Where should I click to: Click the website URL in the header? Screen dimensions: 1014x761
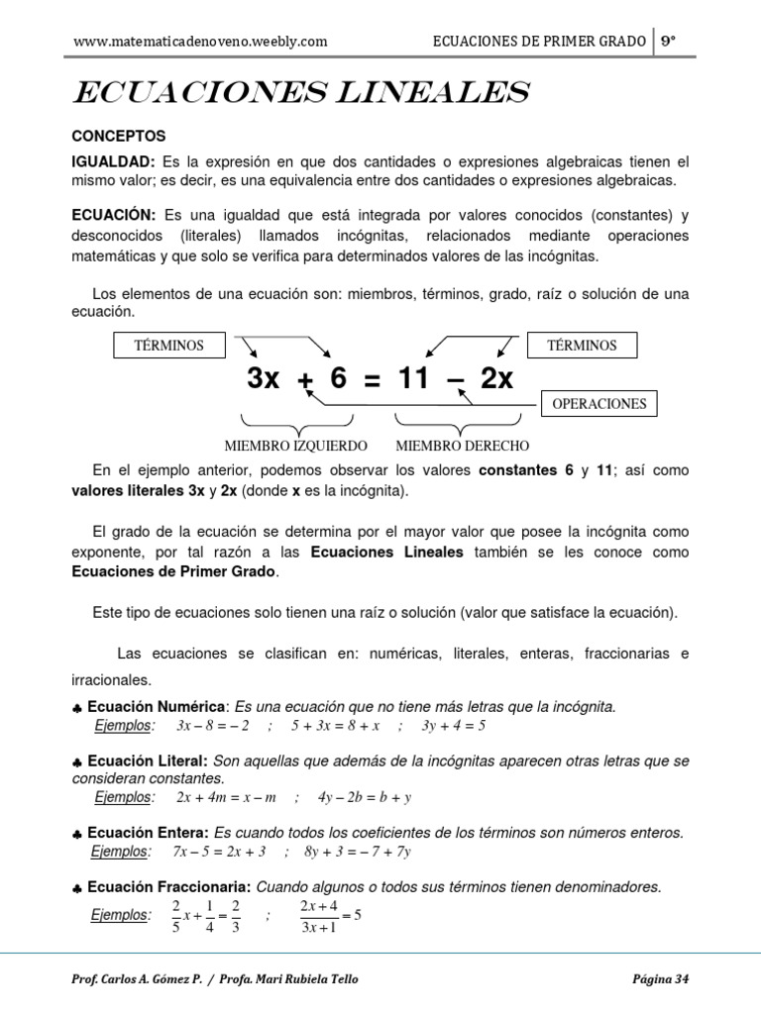point(200,42)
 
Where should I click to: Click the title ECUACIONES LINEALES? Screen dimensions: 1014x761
point(301,94)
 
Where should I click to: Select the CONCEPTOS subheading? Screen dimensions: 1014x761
point(119,136)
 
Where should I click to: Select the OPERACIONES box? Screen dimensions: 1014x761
point(598,404)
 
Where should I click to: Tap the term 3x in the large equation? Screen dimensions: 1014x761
point(264,378)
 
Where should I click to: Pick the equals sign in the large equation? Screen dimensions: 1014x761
point(372,379)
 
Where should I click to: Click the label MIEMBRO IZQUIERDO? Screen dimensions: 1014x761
point(296,446)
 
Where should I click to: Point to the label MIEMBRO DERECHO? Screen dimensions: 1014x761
point(462,446)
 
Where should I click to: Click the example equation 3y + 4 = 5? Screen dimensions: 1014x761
point(453,726)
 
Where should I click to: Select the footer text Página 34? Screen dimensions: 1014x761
point(660,979)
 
